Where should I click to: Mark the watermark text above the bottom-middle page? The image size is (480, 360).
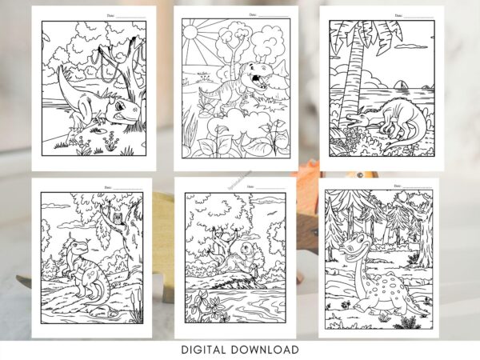coord(240,175)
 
